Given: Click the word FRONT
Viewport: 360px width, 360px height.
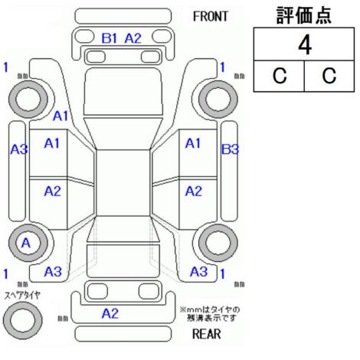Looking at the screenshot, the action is pos(210,17).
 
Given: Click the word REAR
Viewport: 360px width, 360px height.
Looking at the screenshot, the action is pos(206,333).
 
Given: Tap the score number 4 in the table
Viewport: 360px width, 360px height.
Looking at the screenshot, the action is pos(305,45).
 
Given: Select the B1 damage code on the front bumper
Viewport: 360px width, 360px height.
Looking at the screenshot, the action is pos(110,38).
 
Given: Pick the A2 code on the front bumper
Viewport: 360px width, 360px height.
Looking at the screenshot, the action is pos(133,38).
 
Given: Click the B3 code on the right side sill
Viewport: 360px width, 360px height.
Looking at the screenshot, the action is pos(230,149).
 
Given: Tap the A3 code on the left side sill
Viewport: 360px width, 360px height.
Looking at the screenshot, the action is pos(19,149).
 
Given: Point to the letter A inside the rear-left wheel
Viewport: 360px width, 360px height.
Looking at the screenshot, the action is pos(26,243).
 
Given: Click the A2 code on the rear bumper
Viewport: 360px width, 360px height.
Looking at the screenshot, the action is pos(110,313).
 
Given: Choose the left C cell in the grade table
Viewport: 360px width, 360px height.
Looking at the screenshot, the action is pos(279,76).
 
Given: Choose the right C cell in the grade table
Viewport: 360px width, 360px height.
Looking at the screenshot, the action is pos(329,76).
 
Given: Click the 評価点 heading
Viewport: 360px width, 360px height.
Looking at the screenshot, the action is pos(304,15).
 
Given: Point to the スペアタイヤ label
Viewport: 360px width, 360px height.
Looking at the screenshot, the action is pos(22,296).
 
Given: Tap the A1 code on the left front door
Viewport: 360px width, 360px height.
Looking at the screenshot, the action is pos(52,143).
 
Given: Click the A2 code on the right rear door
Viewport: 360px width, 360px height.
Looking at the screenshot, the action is pos(193,191).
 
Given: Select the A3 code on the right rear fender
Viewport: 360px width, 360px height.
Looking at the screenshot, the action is pos(198,271).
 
